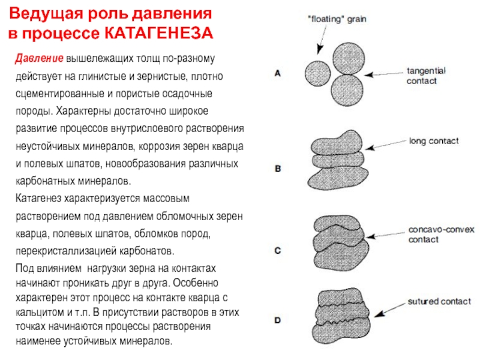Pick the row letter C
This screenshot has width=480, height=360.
[277, 251]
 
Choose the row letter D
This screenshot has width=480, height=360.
[277, 321]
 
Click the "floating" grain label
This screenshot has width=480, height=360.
[336, 19]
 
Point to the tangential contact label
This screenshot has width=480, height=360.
[426, 76]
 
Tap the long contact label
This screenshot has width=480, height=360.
[433, 141]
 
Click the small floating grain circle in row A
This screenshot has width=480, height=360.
[317, 73]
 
